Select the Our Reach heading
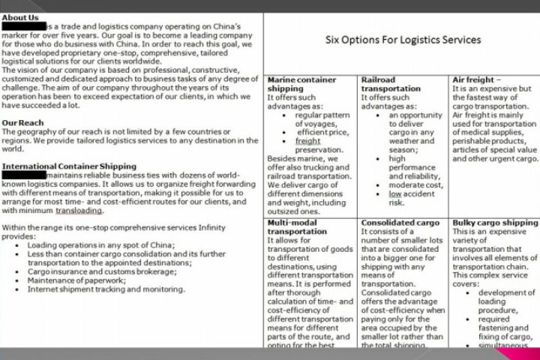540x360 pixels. click(x=23, y=122)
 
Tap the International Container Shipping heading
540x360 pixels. click(x=70, y=166)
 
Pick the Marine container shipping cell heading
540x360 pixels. click(x=301, y=84)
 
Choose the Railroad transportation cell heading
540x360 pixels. click(x=391, y=84)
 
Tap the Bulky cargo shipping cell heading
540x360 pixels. click(x=495, y=223)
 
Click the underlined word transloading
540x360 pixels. click(x=79, y=211)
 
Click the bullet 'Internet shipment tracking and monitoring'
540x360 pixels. click(x=106, y=289)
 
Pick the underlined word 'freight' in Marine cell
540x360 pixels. click(x=307, y=140)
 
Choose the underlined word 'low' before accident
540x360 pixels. click(x=395, y=193)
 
